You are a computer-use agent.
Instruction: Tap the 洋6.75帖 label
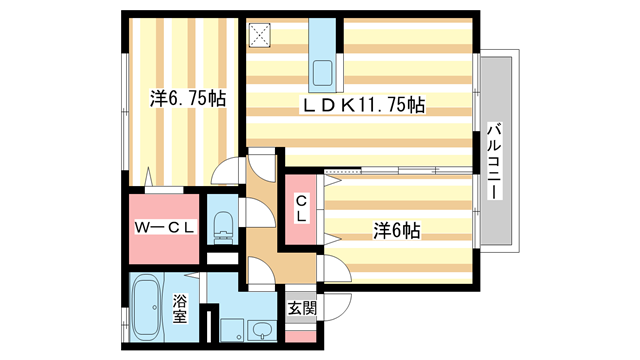[188, 99]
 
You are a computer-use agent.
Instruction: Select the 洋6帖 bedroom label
[396, 230]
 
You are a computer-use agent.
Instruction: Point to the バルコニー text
[494, 160]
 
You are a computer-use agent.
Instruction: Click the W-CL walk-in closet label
[165, 229]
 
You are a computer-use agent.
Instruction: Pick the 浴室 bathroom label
[181, 308]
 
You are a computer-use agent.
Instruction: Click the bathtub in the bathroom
[149, 307]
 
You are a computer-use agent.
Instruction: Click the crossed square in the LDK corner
[262, 35]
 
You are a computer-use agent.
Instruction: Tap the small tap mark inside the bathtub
[139, 291]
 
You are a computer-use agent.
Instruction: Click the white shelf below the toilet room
[223, 258]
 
